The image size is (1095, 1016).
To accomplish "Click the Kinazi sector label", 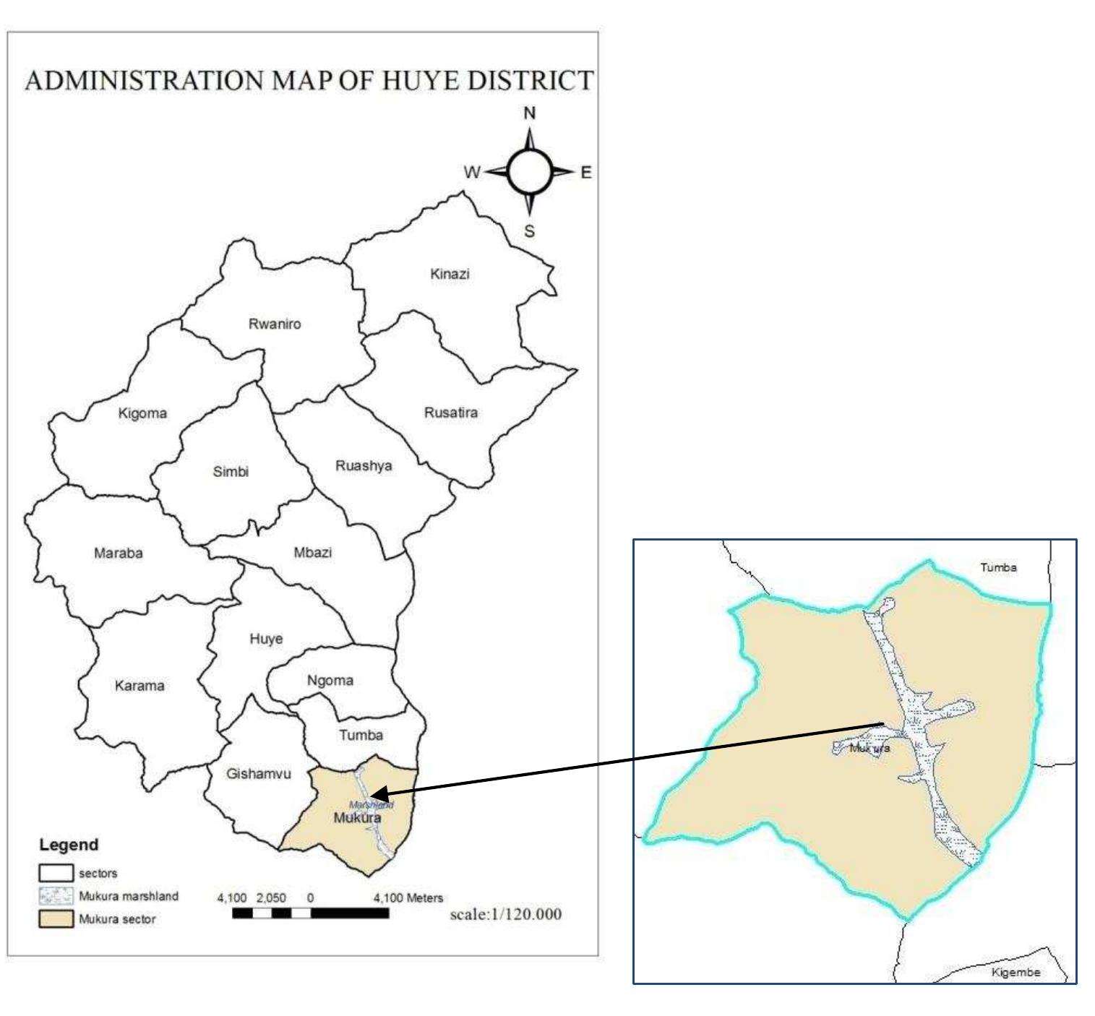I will [x=450, y=274].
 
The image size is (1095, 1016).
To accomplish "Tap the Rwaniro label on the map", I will [x=275, y=324].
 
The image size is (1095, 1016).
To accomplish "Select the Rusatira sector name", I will [x=450, y=413].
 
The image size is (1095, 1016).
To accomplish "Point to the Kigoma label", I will [x=142, y=413].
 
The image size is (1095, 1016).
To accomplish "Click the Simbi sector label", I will [x=231, y=471].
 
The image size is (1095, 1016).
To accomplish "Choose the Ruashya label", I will [x=364, y=465].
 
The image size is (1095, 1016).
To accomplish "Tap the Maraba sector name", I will [x=119, y=553].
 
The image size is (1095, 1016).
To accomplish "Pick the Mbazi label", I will [x=313, y=552].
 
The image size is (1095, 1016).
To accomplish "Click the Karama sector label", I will [x=139, y=685].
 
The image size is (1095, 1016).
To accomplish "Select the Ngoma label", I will [x=330, y=680].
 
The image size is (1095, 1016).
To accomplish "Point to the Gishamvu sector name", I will [x=259, y=773].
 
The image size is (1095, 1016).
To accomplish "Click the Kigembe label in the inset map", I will [x=1015, y=972].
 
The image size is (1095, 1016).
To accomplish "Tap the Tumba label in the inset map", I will [x=998, y=567].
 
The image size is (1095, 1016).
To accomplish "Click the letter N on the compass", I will [x=530, y=113].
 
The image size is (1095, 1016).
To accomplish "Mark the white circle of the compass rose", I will [x=530, y=172].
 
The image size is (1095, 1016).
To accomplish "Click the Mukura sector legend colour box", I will [x=56, y=919].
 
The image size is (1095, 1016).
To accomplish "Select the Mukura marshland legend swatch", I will [x=56, y=896].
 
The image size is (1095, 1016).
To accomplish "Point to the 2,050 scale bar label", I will [x=271, y=898].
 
